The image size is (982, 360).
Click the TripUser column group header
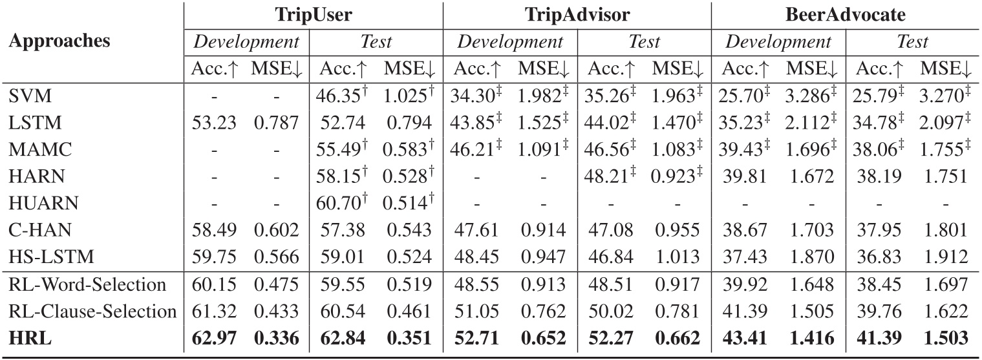coord(311,16)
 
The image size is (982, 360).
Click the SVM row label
coord(26,97)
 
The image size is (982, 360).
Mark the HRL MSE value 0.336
coord(277,337)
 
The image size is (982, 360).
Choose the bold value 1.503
coord(945,337)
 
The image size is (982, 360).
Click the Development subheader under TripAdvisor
coord(510,43)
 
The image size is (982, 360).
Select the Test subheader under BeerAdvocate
coord(912,43)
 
